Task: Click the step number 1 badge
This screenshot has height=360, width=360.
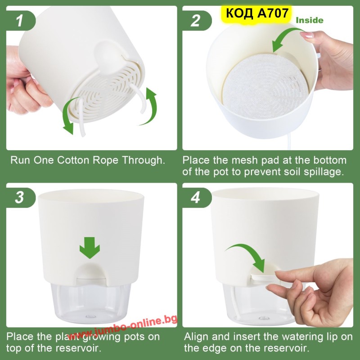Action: tap(21, 20)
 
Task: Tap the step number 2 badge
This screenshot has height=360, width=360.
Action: tap(197, 20)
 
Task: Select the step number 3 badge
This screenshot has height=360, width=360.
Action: tap(21, 198)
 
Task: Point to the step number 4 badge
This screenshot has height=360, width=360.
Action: tap(197, 198)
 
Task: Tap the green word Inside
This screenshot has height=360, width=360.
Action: tap(310, 20)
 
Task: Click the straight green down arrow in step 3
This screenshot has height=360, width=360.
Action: tap(90, 248)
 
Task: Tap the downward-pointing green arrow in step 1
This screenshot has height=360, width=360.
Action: tap(67, 115)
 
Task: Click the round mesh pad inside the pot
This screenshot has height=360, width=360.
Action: tap(265, 86)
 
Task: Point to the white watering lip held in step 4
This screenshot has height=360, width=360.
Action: tap(264, 277)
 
